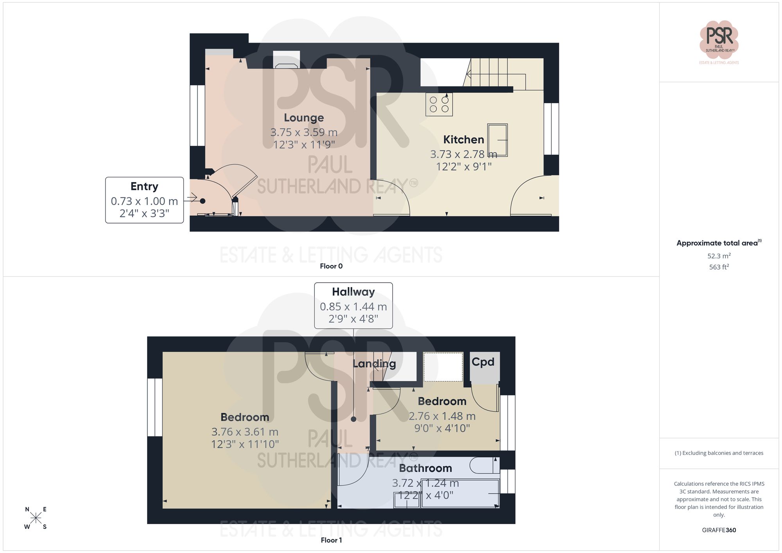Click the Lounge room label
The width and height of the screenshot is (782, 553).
pyautogui.click(x=304, y=118)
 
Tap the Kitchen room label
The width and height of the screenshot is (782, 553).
pyautogui.click(x=463, y=140)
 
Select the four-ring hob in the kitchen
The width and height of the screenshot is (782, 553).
pyautogui.click(x=439, y=104)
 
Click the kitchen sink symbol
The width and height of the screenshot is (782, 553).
pyautogui.click(x=497, y=140)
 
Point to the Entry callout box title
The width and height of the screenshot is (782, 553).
pyautogui.click(x=144, y=186)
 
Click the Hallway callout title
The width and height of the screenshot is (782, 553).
pyautogui.click(x=353, y=292)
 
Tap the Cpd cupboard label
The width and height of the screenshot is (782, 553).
pyautogui.click(x=483, y=362)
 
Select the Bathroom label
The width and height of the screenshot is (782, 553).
pyautogui.click(x=425, y=468)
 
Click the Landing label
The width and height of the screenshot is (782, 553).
pyautogui.click(x=374, y=364)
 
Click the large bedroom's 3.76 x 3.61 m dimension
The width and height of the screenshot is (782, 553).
pyautogui.click(x=245, y=432)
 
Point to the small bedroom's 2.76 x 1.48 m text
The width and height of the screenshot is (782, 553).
pyautogui.click(x=442, y=416)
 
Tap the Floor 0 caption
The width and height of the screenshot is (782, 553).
pyautogui.click(x=331, y=266)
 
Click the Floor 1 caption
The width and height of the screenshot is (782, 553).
pyautogui.click(x=331, y=540)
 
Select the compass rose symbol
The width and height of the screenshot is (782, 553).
pyautogui.click(x=36, y=518)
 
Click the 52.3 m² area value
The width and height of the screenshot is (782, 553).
pyautogui.click(x=719, y=256)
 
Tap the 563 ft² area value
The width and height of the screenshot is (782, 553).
pyautogui.click(x=719, y=267)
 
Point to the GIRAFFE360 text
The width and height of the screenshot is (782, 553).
pyautogui.click(x=719, y=530)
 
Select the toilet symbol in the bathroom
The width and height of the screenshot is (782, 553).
pyautogui.click(x=484, y=465)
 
